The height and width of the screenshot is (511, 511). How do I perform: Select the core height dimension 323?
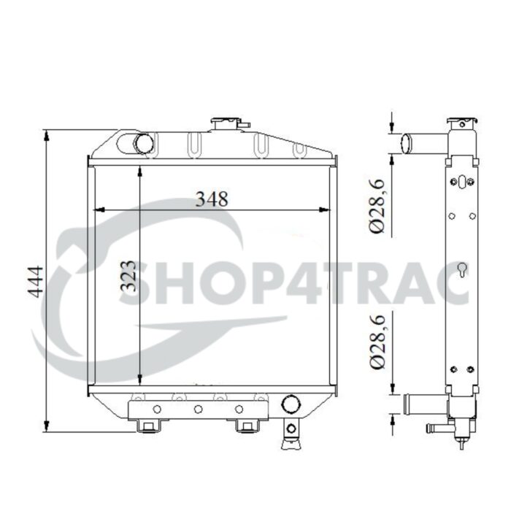128,276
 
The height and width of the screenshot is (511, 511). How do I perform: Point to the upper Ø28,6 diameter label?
377,207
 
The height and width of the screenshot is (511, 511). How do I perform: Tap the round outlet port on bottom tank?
291,404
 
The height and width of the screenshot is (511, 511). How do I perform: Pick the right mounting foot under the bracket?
246,426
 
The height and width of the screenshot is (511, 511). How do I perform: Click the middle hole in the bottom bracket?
198,409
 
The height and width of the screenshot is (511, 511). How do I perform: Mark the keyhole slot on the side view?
461,270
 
